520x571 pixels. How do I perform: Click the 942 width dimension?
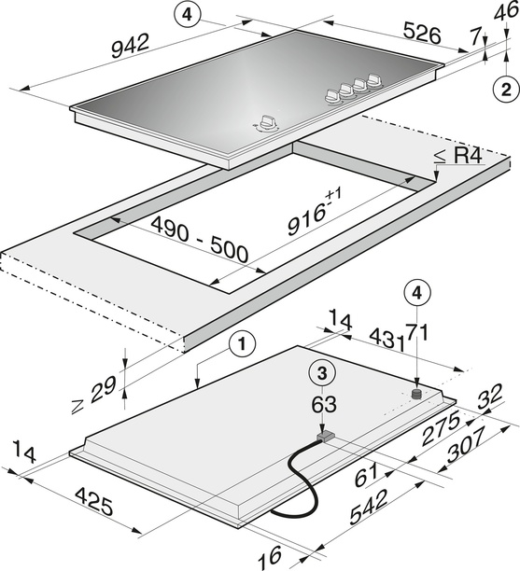coord(130,46)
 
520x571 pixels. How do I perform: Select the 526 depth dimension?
coord(422,35)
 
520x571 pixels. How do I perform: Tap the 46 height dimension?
coord(507,11)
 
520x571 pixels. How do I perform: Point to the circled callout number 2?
coord(506,90)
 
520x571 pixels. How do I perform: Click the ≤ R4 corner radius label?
coord(458,156)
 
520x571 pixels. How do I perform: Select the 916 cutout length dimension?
coord(314,213)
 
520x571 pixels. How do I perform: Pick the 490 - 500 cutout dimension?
coord(200,239)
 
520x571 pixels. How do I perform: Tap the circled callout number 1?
coord(243,343)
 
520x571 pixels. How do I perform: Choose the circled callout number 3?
coord(322,374)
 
